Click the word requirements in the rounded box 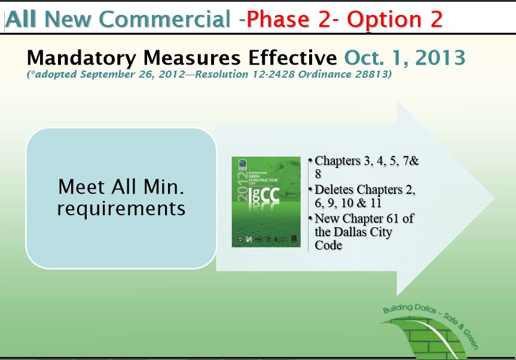121,209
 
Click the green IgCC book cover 266,202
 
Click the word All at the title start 22,19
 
